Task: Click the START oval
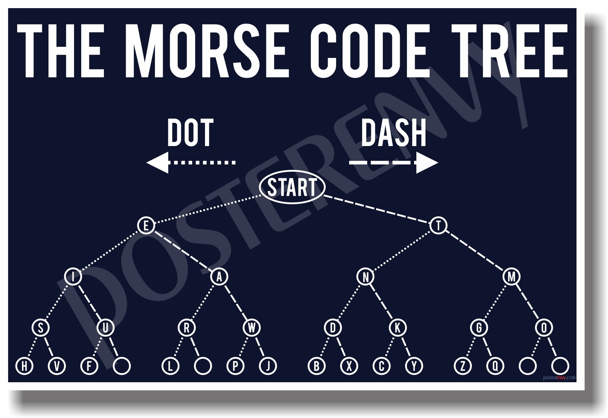tap(292, 187)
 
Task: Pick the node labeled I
tap(73, 277)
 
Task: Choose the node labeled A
tap(219, 277)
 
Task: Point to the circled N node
tap(365, 277)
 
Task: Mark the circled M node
tap(512, 277)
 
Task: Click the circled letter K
tap(398, 328)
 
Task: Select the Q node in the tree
tap(495, 366)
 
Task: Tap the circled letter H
tap(24, 366)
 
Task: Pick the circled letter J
tap(268, 366)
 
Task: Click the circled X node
tap(349, 366)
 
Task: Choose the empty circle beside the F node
tap(122, 366)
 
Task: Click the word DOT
tap(190, 133)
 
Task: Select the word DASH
tap(393, 133)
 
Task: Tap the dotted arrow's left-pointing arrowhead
tap(158, 162)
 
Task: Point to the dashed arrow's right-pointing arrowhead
tap(426, 162)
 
